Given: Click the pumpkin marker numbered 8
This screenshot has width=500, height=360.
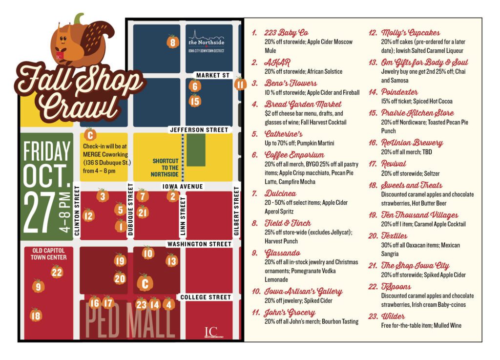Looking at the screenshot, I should (172, 42).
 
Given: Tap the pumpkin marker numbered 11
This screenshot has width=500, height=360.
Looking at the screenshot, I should (240, 84).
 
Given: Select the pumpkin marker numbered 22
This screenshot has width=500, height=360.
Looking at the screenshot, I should (57, 272).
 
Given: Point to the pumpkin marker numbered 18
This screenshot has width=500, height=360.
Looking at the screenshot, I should (36, 315).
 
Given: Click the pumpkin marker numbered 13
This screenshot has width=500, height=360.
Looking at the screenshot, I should (171, 260).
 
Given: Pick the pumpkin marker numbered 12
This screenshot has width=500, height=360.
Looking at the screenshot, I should (88, 214).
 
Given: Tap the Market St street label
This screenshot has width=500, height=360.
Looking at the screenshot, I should (212, 75).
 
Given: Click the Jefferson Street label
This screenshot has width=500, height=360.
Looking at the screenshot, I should (199, 130).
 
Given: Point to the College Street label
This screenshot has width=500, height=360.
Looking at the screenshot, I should (205, 297).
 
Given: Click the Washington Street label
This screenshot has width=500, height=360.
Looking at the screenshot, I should (199, 244).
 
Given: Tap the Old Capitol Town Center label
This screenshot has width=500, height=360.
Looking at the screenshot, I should (49, 254).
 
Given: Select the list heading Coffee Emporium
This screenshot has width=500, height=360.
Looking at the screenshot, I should (288, 155).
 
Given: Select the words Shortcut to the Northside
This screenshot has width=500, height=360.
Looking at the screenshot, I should (166, 168).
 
